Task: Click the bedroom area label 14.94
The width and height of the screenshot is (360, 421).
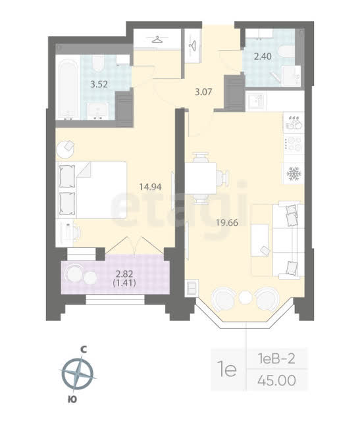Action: click(x=151, y=187)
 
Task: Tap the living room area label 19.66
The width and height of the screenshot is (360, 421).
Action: click(x=227, y=222)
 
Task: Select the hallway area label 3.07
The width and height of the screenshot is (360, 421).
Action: click(x=203, y=92)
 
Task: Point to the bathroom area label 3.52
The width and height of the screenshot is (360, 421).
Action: click(x=99, y=84)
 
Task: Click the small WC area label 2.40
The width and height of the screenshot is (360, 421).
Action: click(x=263, y=57)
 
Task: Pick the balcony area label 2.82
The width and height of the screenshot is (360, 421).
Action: click(x=124, y=274)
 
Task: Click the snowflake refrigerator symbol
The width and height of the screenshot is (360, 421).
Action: click(x=294, y=174)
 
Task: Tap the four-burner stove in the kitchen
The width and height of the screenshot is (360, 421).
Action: click(x=294, y=144)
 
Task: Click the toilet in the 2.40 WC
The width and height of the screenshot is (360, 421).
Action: click(x=286, y=51)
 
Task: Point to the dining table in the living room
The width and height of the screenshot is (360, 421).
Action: click(x=201, y=178)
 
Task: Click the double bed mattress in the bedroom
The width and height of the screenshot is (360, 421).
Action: click(x=101, y=190)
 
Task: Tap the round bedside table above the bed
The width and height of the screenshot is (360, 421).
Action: click(x=65, y=149)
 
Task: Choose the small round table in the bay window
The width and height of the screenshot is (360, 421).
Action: click(x=245, y=297)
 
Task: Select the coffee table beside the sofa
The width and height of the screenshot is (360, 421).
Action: click(x=260, y=240)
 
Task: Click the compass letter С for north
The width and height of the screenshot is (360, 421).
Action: click(x=84, y=349)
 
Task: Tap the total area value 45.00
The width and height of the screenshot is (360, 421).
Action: click(x=276, y=380)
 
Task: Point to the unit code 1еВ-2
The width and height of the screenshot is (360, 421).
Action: click(x=276, y=359)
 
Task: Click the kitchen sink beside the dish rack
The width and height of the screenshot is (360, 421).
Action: click(x=255, y=101)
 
